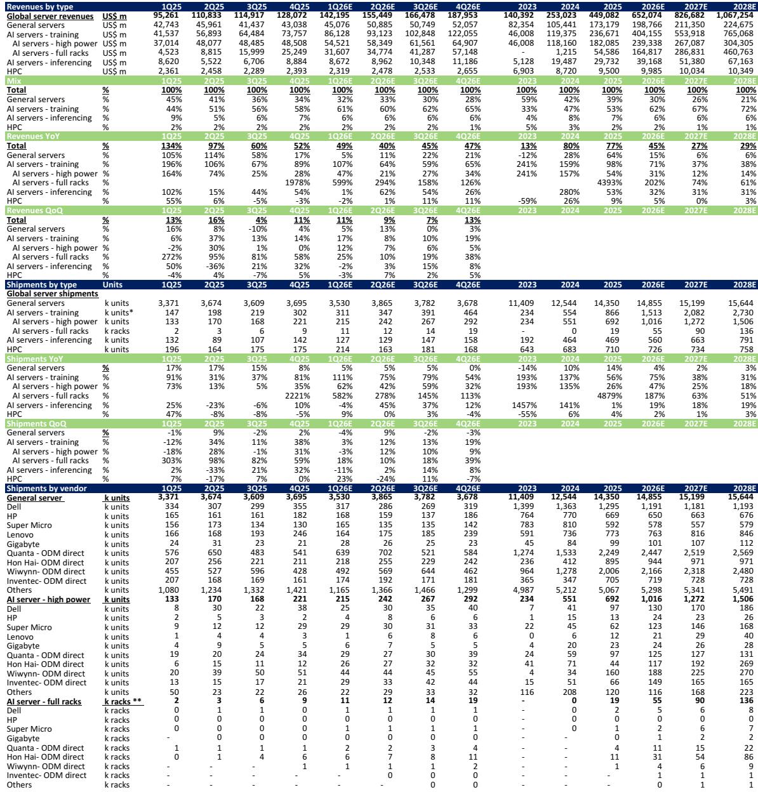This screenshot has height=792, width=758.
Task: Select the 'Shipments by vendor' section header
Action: (x=46, y=488)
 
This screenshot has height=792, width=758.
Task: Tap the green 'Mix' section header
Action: (x=13, y=81)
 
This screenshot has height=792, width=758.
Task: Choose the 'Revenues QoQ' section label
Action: (x=34, y=210)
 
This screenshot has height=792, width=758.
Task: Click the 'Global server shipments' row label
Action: (x=52, y=294)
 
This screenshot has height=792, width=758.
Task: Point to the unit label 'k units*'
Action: (x=119, y=313)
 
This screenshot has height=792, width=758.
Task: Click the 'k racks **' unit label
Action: (x=123, y=701)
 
